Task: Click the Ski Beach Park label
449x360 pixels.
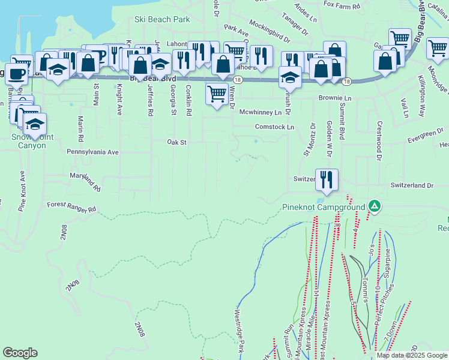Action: pyautogui.click(x=162, y=20)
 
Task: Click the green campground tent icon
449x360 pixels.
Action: pyautogui.click(x=375, y=206)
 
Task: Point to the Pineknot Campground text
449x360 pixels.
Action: pyautogui.click(x=324, y=208)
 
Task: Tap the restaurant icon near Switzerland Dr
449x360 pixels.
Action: pyautogui.click(x=327, y=179)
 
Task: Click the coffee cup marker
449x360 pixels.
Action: pyautogui.click(x=17, y=74)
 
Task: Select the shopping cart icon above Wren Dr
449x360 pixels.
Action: pyautogui.click(x=217, y=94)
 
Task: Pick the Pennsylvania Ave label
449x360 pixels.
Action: pyautogui.click(x=93, y=152)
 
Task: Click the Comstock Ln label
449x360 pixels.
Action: pyautogui.click(x=275, y=127)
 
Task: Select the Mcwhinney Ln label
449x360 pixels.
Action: pyautogui.click(x=260, y=112)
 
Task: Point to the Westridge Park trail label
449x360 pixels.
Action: pyautogui.click(x=239, y=330)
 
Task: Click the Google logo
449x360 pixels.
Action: pyautogui.click(x=20, y=353)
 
